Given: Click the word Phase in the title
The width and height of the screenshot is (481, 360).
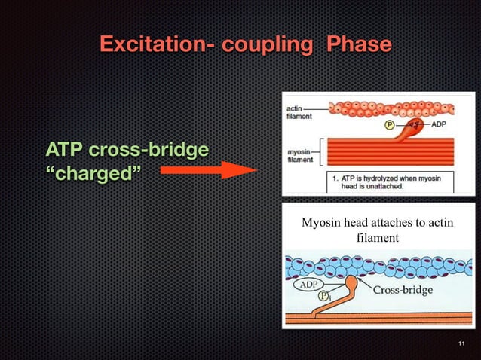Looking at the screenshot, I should [x=359, y=44].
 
